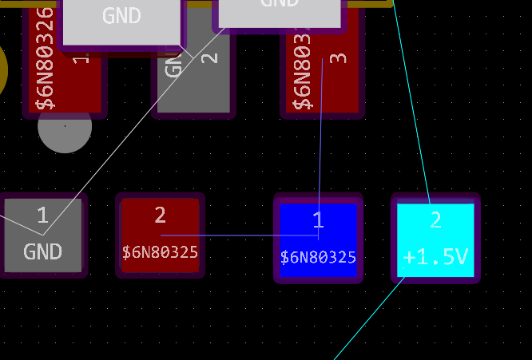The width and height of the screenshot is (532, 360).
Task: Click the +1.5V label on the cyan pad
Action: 435,257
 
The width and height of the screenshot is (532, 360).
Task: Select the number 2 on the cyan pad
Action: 435,220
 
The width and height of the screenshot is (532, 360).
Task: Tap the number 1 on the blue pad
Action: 317,220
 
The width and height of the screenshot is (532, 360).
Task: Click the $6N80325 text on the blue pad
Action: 318,258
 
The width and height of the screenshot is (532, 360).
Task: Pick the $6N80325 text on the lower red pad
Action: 160,252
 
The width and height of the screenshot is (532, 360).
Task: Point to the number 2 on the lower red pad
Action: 160,215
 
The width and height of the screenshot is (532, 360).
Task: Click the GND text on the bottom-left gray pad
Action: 42,252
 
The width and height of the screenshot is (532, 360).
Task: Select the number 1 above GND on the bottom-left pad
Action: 42,215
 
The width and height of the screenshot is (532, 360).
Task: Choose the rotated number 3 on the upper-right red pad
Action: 338,58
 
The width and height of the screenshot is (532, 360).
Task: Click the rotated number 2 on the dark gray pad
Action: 209,57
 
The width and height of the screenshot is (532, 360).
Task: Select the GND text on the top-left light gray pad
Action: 121,16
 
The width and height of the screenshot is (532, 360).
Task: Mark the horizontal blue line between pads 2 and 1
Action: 240,235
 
